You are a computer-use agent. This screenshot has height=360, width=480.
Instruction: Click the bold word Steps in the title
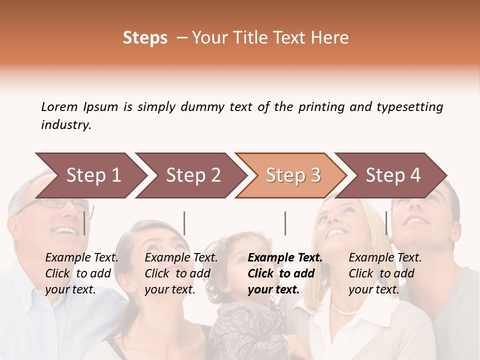tap(145, 38)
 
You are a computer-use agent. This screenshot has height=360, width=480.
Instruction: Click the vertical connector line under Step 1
tap(84, 223)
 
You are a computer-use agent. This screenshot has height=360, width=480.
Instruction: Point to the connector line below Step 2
tap(184, 223)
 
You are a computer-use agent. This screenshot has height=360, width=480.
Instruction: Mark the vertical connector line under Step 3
tap(285, 223)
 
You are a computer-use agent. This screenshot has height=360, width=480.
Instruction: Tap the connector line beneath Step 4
tap(386, 223)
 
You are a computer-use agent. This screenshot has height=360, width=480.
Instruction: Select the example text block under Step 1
tap(81, 273)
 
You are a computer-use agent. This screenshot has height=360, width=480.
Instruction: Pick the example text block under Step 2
tap(181, 273)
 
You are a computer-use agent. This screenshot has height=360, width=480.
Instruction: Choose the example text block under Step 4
tap(385, 273)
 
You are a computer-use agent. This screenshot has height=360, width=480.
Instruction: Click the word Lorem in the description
tap(59, 107)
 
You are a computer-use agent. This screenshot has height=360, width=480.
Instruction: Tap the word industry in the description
tap(66, 125)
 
